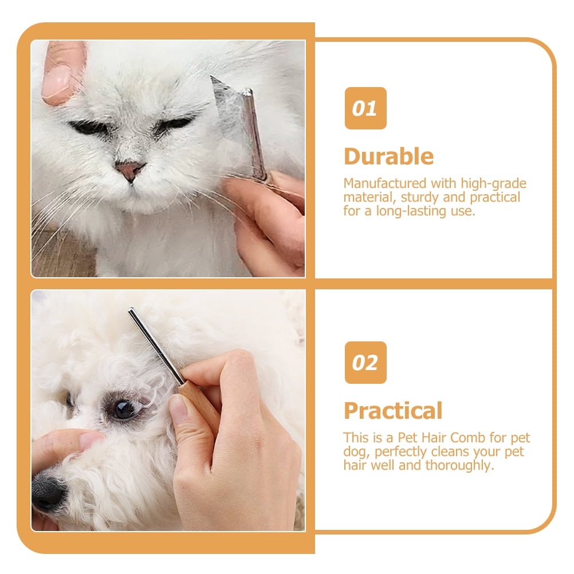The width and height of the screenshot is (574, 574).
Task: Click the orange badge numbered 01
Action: (x=365, y=108)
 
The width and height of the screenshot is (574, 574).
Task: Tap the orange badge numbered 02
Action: (x=365, y=363)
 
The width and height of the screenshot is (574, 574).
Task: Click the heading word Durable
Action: (x=389, y=157)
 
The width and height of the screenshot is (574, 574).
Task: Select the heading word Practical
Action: (x=393, y=411)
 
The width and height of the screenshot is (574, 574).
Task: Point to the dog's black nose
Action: (x=48, y=492)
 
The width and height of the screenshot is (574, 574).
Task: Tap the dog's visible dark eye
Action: (x=124, y=409)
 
